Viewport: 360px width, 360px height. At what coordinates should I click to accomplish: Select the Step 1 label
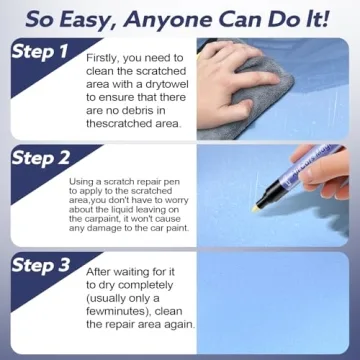39,51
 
